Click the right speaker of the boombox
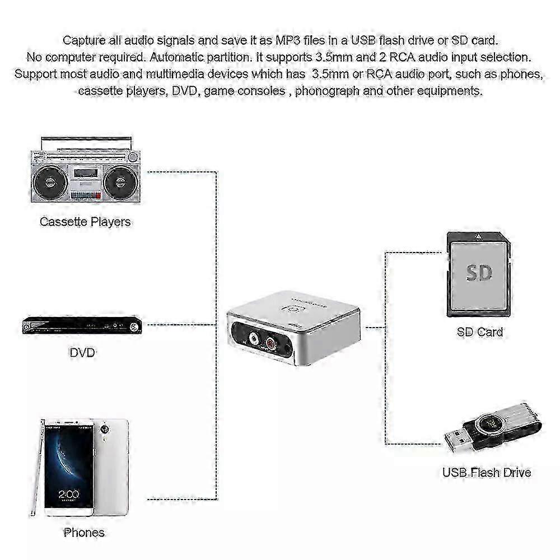[x=121, y=182]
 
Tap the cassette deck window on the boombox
[x=86, y=173]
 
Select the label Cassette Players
[x=85, y=222]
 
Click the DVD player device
[x=82, y=325]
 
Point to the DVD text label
[x=82, y=353]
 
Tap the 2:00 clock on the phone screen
[x=68, y=494]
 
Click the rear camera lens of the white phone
[x=104, y=429]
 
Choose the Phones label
[x=85, y=533]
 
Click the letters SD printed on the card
[x=479, y=273]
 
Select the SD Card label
[x=480, y=332]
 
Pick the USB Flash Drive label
[x=487, y=473]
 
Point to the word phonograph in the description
[x=327, y=91]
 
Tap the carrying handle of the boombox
[x=86, y=143]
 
